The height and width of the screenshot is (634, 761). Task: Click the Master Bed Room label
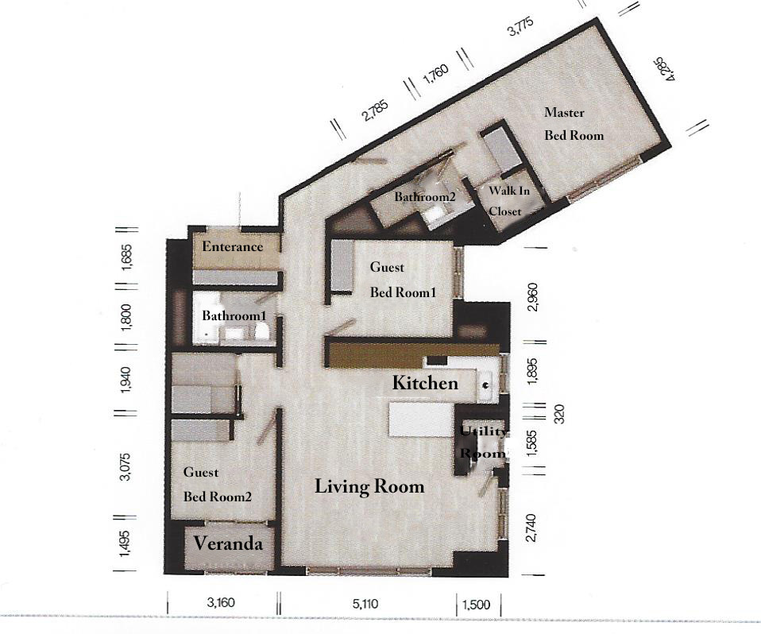pos(574,124)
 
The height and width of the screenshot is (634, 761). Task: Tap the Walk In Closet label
pos(508,200)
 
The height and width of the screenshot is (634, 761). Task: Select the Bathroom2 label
pos(425,196)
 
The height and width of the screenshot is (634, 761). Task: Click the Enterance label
pos(233,246)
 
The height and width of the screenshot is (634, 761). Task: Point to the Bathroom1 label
pos(234,315)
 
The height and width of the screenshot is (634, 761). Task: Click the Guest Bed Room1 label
pos(403,280)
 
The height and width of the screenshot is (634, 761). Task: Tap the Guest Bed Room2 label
pos(217,485)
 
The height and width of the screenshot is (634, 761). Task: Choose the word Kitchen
pos(425,383)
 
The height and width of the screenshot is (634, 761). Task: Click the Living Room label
pos(369,486)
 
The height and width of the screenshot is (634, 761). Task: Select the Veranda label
pos(228,543)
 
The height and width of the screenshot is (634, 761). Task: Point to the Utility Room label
pos(483,443)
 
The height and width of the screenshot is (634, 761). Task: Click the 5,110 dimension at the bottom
pos(365,604)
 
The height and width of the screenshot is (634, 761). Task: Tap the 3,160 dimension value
pos(221,602)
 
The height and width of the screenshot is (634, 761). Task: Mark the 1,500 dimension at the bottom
pos(476,605)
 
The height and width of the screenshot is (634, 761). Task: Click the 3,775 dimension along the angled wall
pos(521,26)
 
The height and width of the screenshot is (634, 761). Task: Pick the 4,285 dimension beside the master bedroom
pos(665,70)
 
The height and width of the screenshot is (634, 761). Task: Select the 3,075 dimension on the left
pos(126,466)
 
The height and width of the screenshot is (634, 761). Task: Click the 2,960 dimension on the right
pos(532,297)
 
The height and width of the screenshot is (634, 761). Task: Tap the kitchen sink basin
pos(486,385)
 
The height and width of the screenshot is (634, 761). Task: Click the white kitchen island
pos(421,420)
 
